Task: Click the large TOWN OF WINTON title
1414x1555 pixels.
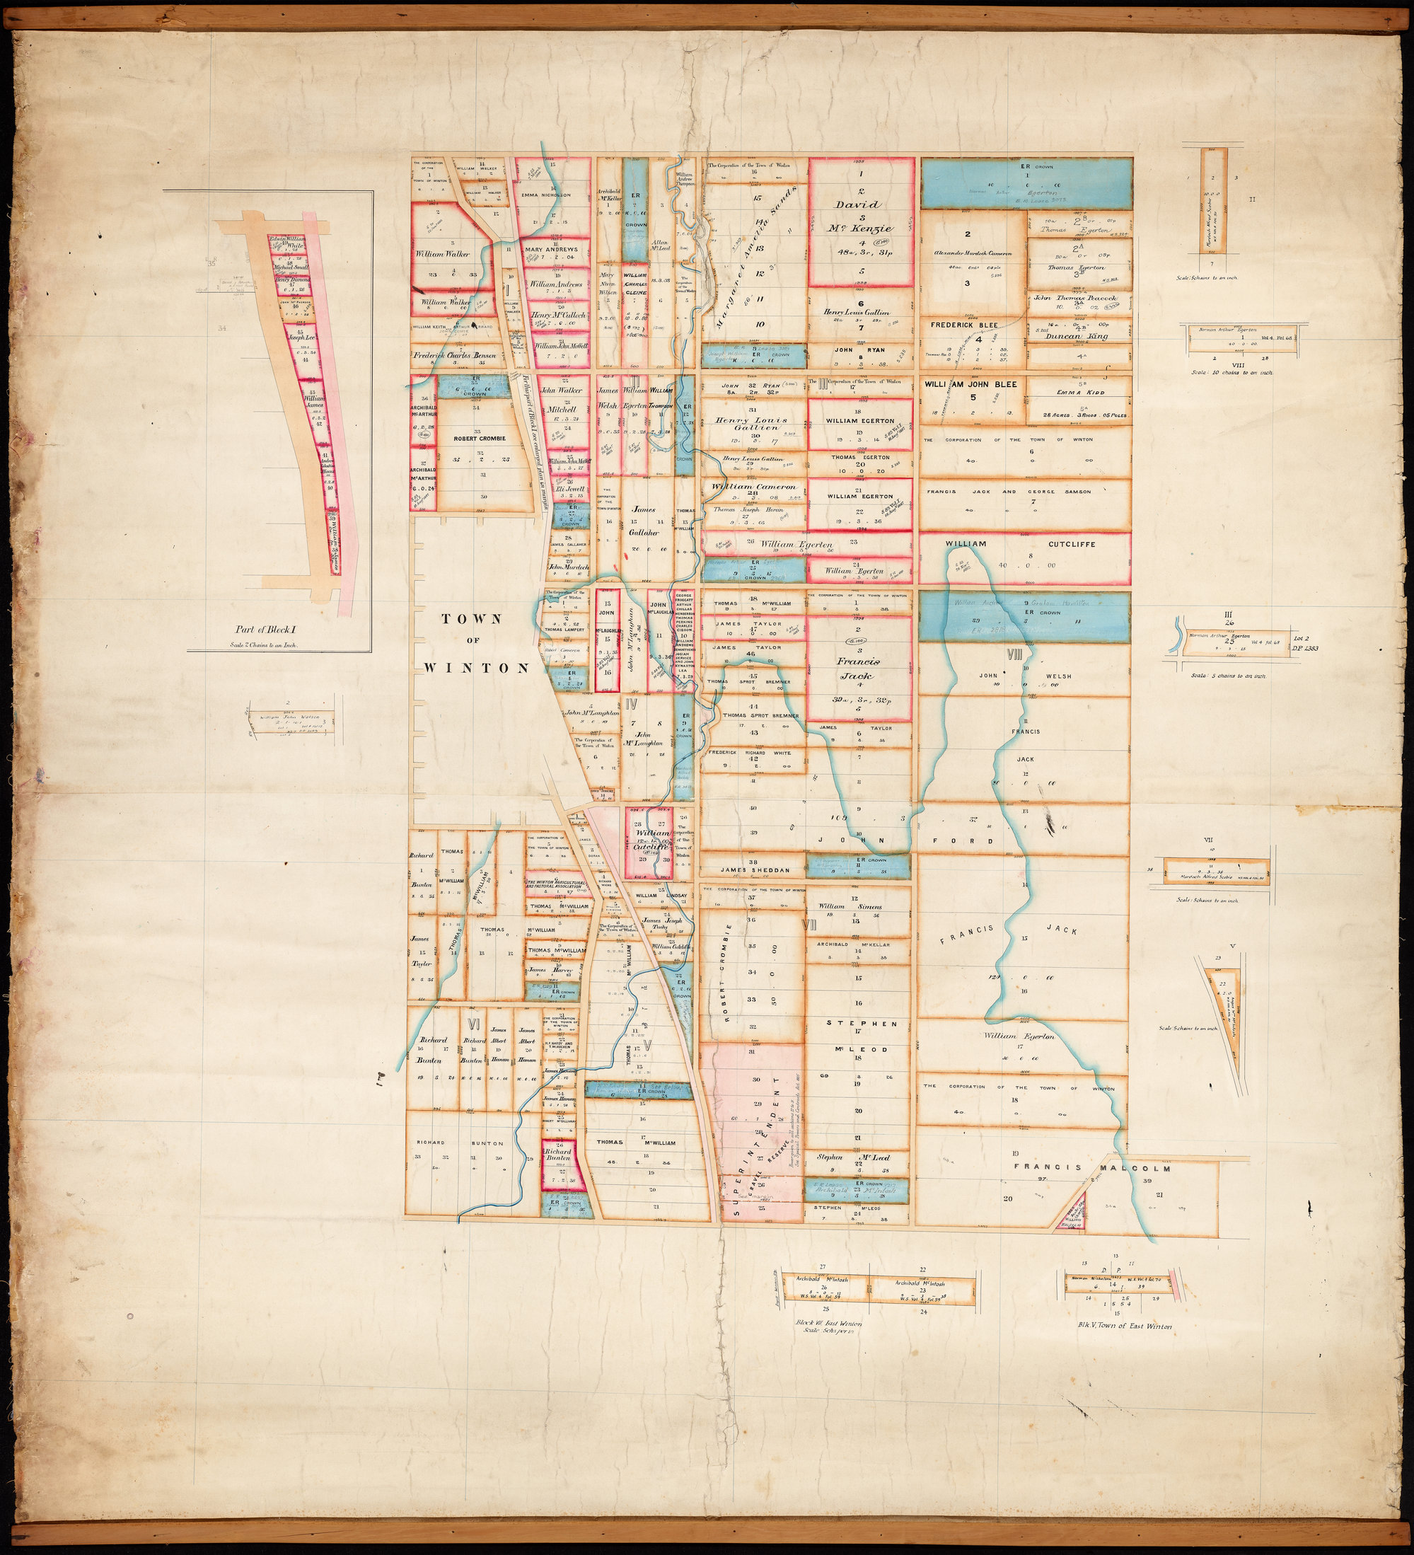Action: coord(472,643)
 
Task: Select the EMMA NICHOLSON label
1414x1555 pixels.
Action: coord(552,195)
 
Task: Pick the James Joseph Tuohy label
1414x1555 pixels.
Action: coord(663,924)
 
